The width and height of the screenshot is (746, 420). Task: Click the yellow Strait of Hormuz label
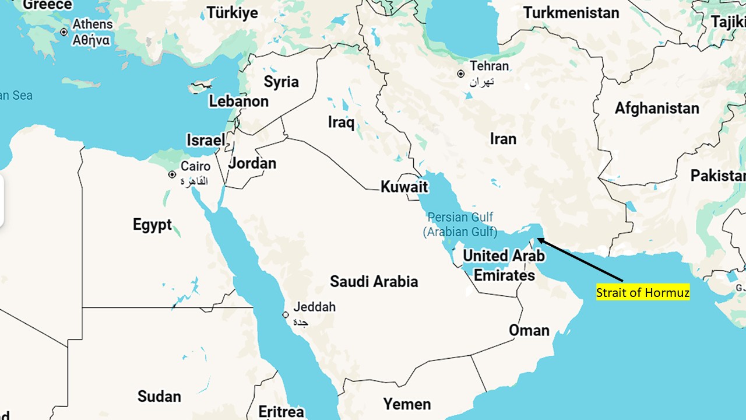(642, 292)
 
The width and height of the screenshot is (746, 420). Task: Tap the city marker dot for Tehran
(460, 74)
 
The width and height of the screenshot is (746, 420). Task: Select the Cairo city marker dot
(172, 174)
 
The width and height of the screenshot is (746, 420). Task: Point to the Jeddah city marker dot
(286, 315)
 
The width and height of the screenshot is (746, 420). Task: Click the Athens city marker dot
(64, 32)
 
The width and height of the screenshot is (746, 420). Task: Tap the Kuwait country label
(404, 187)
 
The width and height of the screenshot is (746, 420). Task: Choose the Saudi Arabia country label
(374, 282)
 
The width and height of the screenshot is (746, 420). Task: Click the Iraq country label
(341, 123)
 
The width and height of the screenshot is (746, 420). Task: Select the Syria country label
(281, 82)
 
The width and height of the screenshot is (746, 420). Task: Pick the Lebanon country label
(238, 101)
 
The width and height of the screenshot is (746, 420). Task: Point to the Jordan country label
(252, 163)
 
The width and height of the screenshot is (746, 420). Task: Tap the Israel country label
(205, 141)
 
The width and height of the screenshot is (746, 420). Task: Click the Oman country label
(529, 331)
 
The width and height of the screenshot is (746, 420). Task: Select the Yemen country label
(407, 404)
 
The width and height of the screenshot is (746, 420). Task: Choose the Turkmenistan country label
(571, 13)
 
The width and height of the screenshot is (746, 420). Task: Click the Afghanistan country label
(657, 108)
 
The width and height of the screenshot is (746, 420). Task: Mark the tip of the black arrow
(537, 238)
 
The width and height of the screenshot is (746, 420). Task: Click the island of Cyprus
(201, 88)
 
